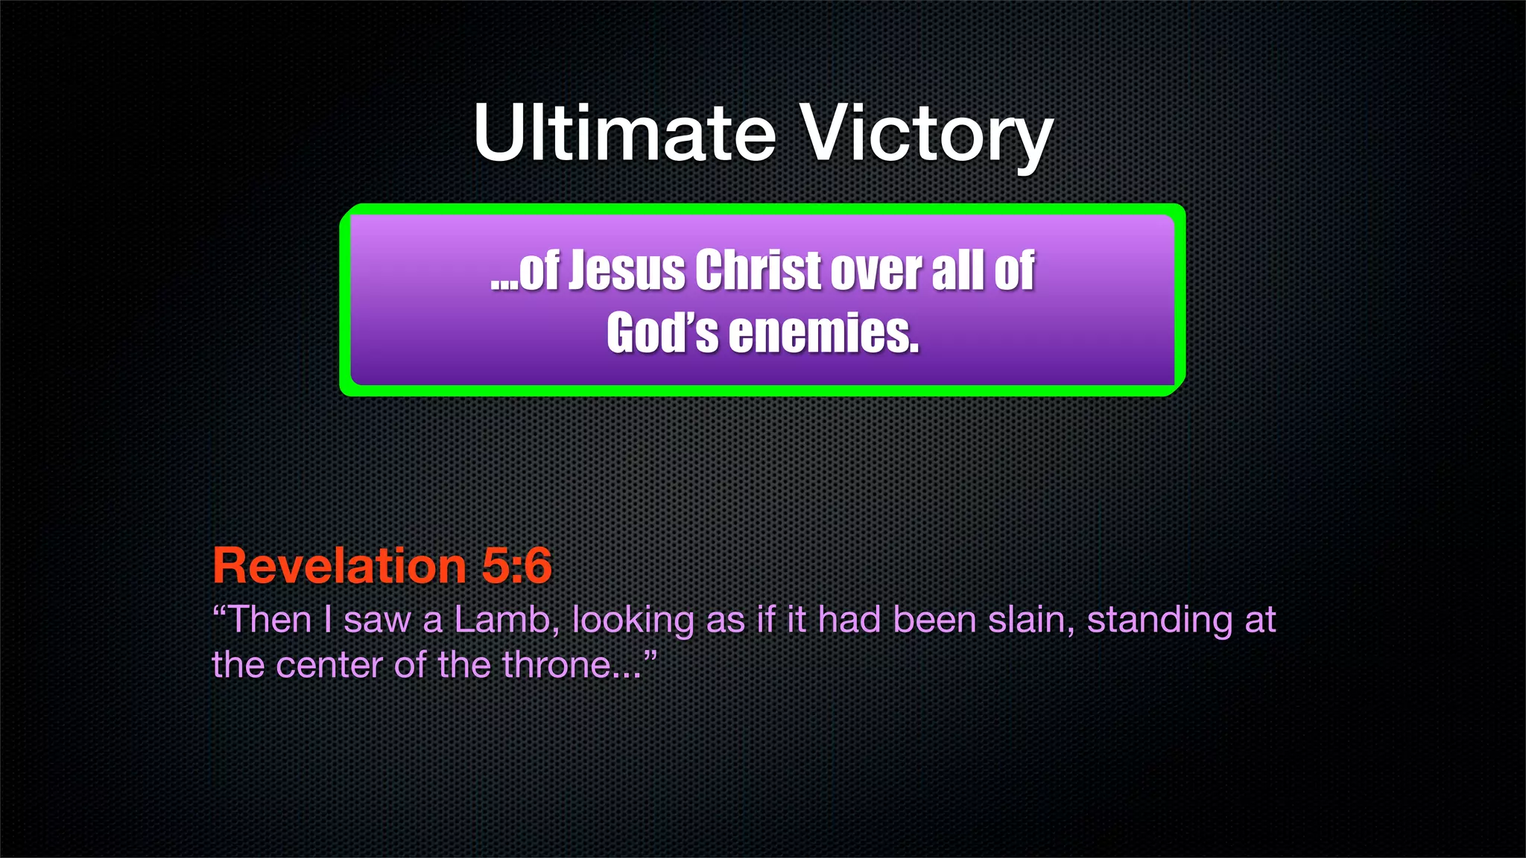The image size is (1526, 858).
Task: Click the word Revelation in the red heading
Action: pyautogui.click(x=339, y=565)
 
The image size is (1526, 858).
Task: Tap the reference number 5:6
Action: pyautogui.click(x=516, y=565)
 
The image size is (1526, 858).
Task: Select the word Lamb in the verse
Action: pyautogui.click(x=501, y=620)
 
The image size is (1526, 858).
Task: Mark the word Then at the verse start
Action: pyautogui.click(x=268, y=620)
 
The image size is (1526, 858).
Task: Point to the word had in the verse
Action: pyautogui.click(x=849, y=620)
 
